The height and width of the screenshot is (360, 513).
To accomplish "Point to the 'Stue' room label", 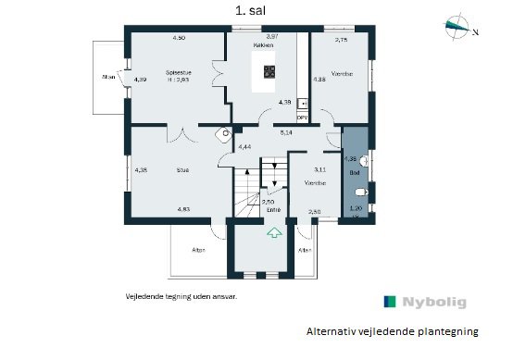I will click(x=182, y=169).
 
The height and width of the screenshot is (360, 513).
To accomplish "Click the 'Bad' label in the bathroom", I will click(x=353, y=171).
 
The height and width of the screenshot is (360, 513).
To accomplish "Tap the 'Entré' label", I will click(x=272, y=210).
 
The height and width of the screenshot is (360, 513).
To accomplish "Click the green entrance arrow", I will click(x=273, y=235).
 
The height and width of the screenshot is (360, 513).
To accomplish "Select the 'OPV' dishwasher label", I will click(x=301, y=118).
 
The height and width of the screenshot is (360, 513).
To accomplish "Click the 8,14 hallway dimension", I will click(x=286, y=132).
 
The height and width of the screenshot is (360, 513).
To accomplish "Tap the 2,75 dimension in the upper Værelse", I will click(x=341, y=40).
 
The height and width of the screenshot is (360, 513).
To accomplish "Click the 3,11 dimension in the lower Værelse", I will click(x=319, y=169).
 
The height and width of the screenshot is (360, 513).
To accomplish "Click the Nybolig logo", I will click(x=425, y=302).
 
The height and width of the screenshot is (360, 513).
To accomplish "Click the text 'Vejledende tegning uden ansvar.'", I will click(x=181, y=298).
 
